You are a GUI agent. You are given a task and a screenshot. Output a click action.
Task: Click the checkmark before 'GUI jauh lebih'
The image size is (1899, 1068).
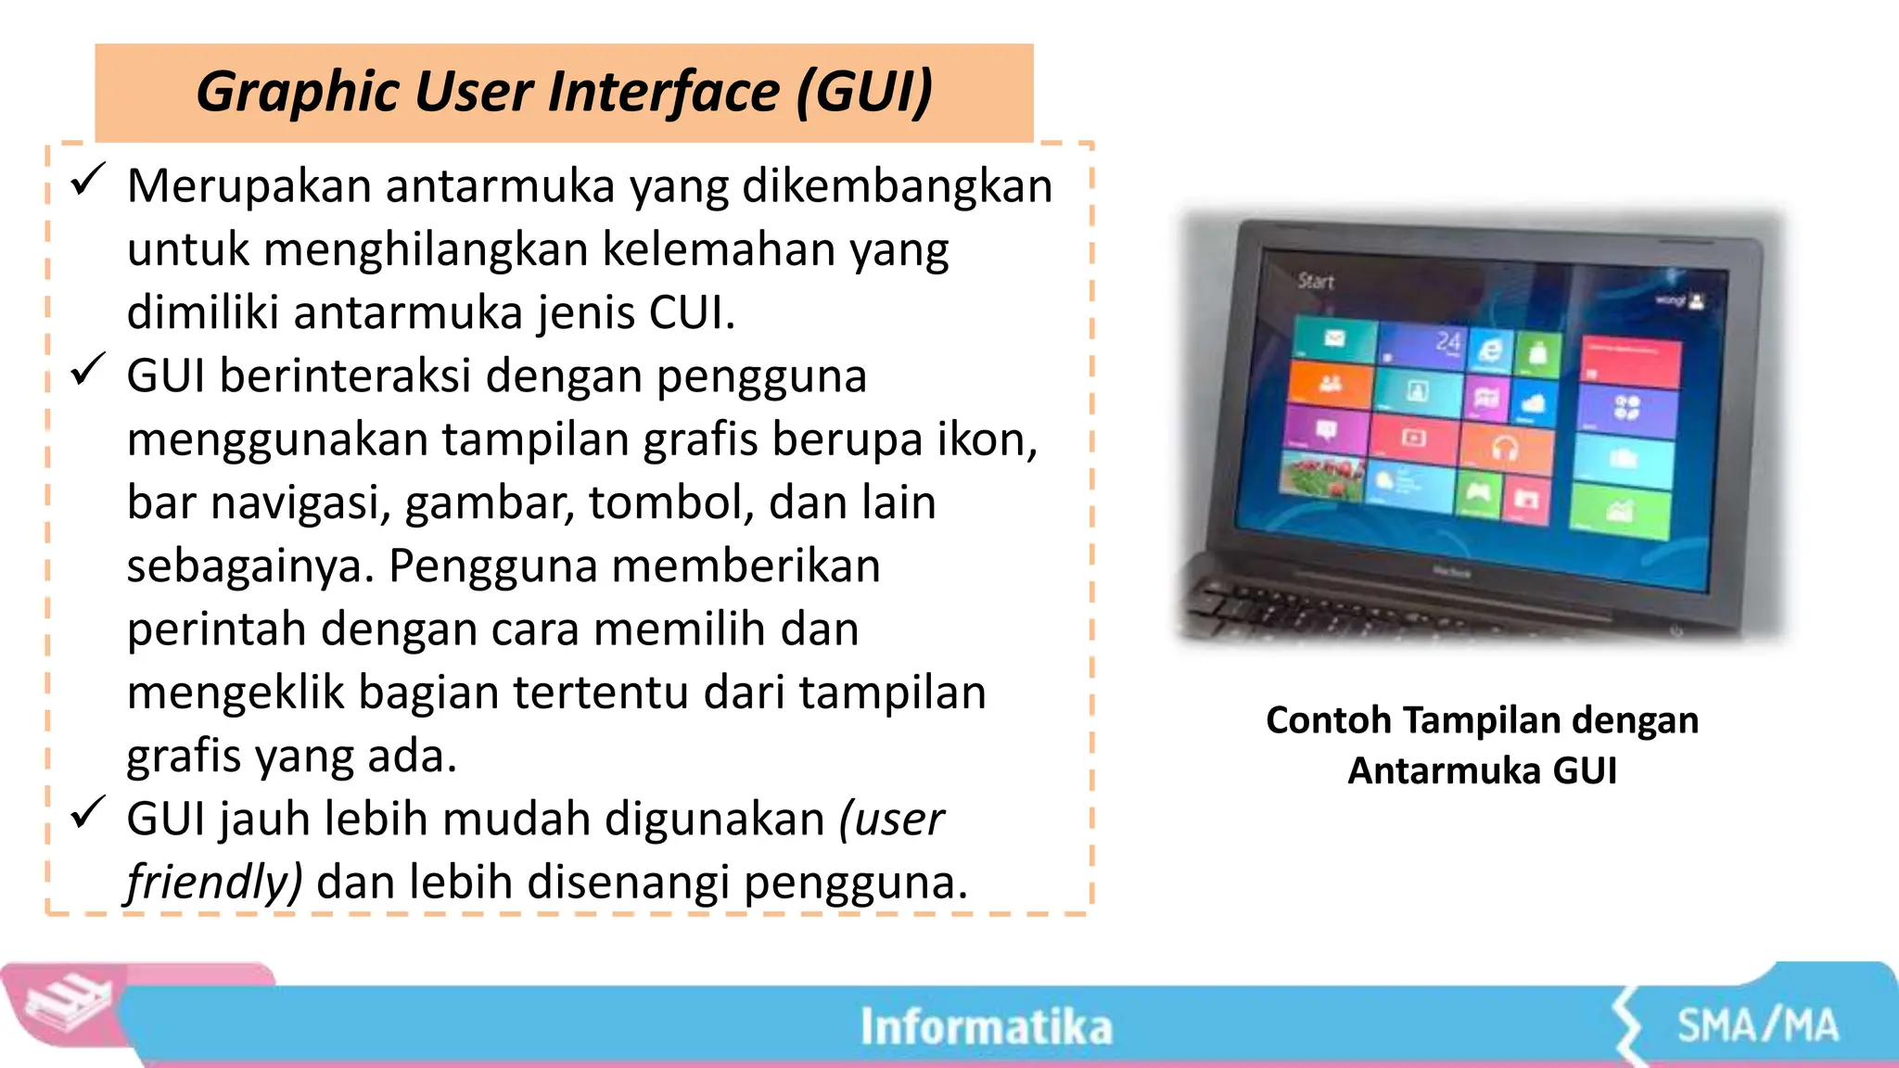point(89,813)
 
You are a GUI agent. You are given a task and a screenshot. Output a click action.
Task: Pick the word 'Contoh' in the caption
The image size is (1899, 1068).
point(1328,720)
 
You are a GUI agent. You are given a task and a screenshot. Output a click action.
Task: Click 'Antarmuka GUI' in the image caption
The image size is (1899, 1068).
point(1482,770)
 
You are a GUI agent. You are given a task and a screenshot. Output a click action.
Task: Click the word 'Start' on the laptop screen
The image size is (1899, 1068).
point(1315,281)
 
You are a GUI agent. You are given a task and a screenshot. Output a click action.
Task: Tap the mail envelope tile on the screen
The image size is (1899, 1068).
point(1333,338)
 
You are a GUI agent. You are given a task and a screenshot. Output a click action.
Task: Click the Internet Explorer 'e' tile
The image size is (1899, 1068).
point(1490,351)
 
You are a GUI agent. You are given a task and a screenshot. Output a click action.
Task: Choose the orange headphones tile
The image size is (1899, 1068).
point(1505,449)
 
